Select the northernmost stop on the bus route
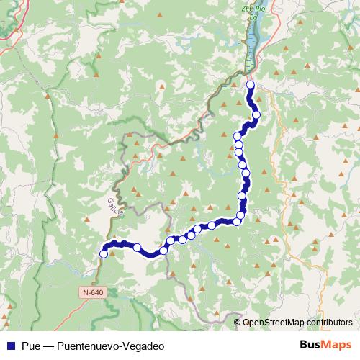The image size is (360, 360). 251,85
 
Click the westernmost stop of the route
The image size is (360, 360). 104,253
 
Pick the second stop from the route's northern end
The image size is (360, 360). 256,114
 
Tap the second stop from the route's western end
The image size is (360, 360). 137,247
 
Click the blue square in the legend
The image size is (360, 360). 10,346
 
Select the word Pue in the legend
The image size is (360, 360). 31,346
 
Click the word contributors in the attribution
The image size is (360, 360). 328,322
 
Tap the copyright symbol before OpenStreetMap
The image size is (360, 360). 238,322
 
